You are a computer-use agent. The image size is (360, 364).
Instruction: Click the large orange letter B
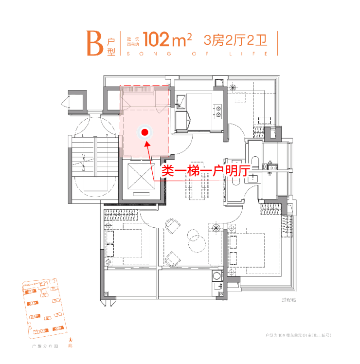pos(94,43)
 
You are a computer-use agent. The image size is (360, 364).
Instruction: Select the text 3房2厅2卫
pos(235,39)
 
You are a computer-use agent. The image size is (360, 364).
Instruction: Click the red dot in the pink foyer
pos(144,131)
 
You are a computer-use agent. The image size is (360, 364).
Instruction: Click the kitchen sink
pos(180,101)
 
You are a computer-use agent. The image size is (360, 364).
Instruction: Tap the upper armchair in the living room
pos(171,225)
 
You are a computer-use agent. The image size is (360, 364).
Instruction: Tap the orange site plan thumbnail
pos(42,311)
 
